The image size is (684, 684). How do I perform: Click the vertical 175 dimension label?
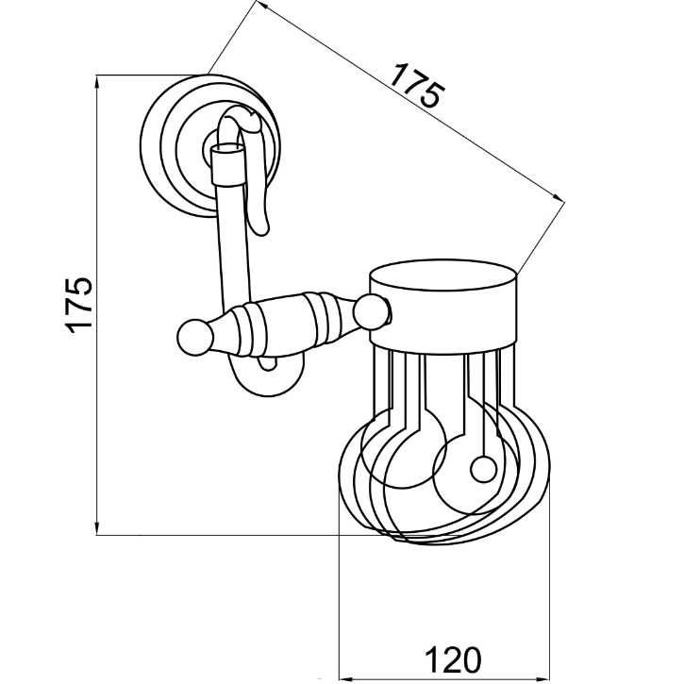79,305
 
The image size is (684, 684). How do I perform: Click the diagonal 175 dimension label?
417,85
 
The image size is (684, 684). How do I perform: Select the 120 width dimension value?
453,659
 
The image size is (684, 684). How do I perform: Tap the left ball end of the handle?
195,337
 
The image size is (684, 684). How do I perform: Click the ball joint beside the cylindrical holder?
371,311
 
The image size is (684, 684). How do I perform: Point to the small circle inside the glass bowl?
483,470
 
